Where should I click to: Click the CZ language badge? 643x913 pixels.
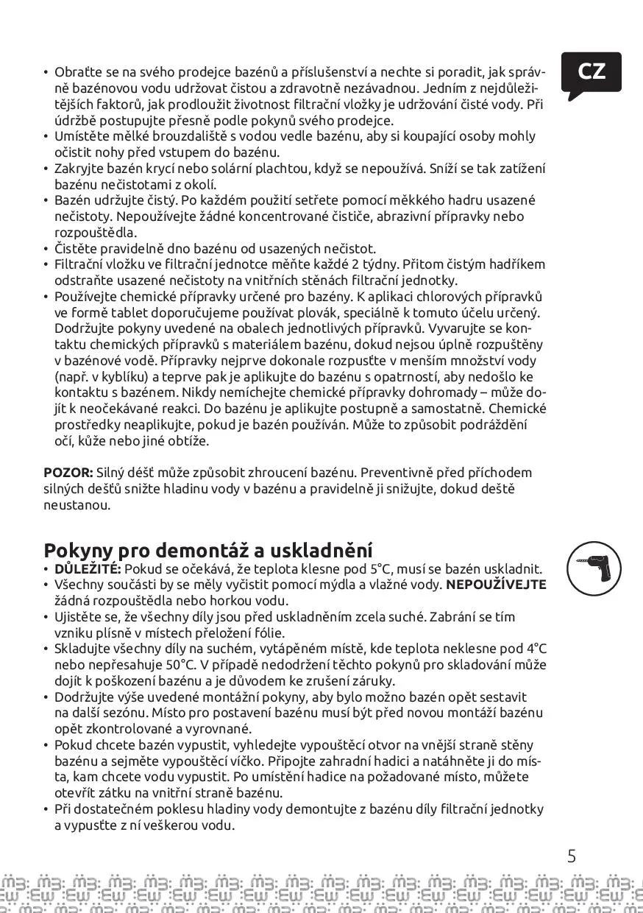pyautogui.click(x=591, y=72)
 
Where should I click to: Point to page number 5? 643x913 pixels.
pyautogui.click(x=572, y=856)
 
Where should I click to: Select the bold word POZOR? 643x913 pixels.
pyautogui.click(x=68, y=473)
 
